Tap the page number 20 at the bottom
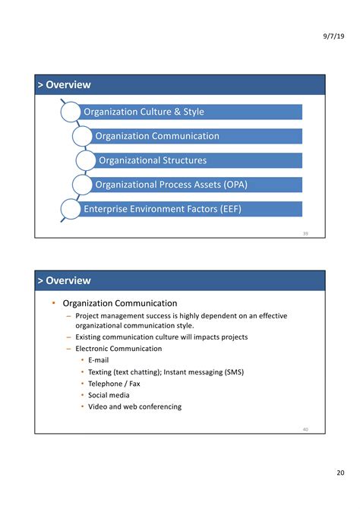340,473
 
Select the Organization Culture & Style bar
190,112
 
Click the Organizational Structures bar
197,160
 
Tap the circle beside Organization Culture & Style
70,112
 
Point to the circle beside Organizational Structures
86,160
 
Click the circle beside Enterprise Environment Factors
70,209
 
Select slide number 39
305,233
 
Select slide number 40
305,429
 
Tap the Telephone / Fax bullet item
114,384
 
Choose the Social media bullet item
109,395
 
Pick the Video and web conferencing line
134,406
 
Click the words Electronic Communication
118,349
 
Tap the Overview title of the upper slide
68,85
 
